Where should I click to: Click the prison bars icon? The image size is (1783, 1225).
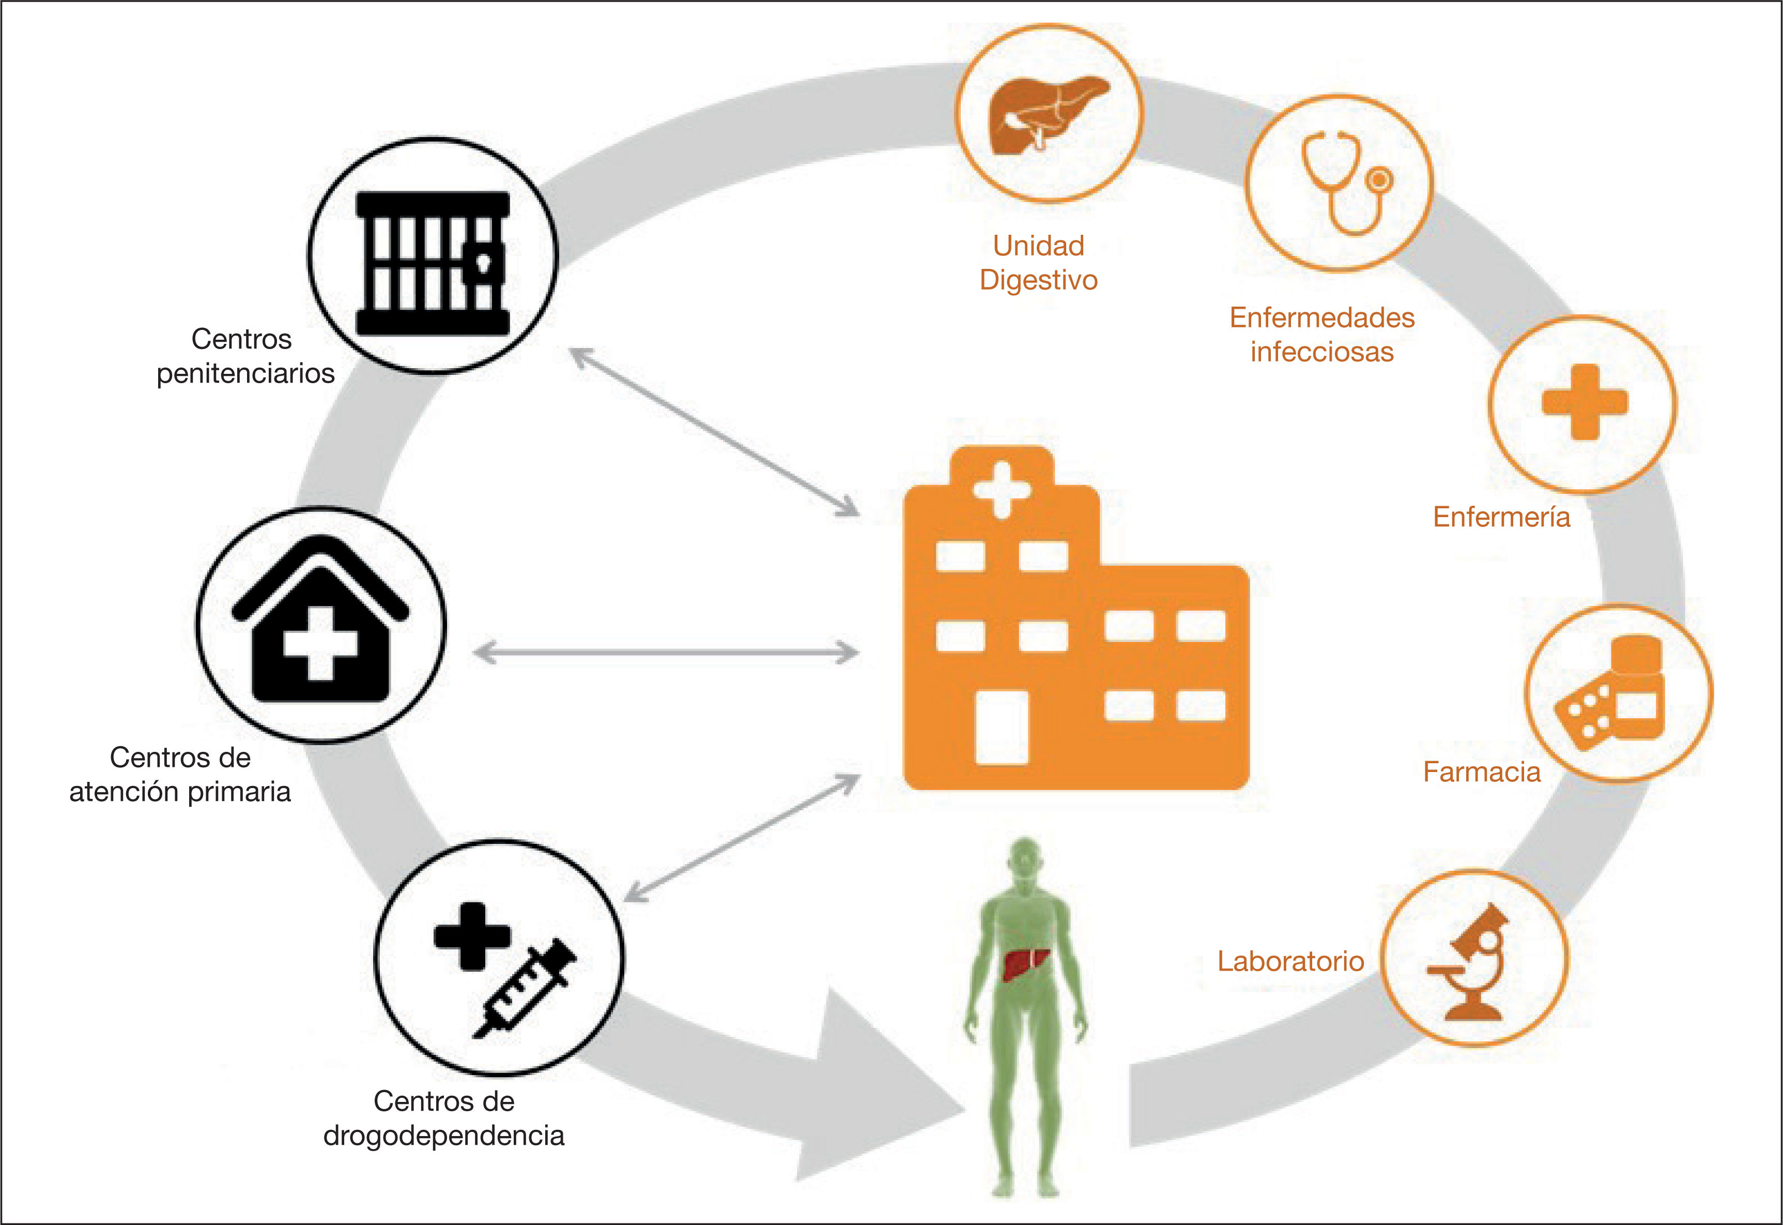[x=433, y=263]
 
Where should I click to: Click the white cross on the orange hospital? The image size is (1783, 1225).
[x=1001, y=489]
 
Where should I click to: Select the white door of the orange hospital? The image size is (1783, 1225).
[x=1001, y=727]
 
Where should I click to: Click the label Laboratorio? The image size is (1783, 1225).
[x=1290, y=961]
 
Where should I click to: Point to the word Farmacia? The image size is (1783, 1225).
[x=1482, y=772]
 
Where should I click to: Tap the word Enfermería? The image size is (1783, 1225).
[x=1501, y=517]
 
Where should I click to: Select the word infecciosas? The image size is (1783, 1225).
[x=1322, y=352]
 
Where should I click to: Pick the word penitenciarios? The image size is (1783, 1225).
[x=245, y=373]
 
